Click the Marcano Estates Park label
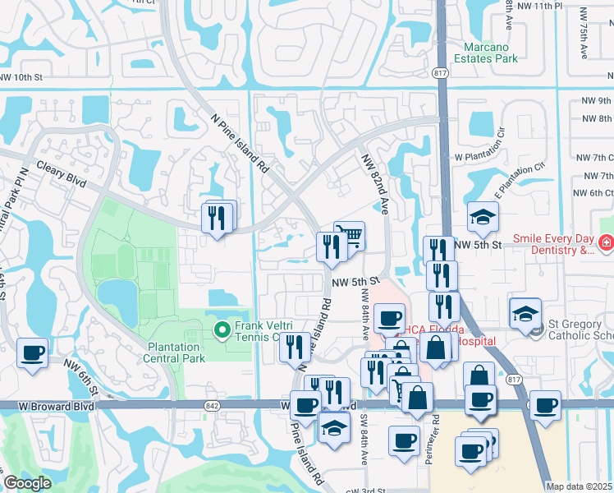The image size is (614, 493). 490,53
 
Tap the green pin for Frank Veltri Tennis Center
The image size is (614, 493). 221,330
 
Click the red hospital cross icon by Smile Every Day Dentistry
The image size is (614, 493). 605,243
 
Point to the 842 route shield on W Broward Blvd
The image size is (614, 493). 215,406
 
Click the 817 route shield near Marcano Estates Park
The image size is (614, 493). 440,72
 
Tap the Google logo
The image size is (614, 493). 27,483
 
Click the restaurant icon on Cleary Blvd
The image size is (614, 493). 218,218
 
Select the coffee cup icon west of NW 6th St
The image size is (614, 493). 33,353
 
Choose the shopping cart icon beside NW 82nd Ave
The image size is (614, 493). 351,236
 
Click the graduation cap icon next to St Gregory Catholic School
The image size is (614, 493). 525,313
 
